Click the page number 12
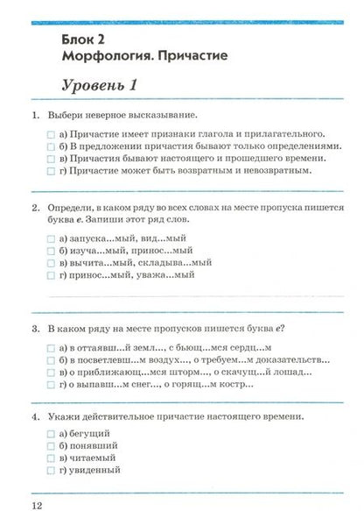click(36, 506)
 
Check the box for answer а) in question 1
click(52, 132)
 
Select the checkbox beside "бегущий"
click(52, 433)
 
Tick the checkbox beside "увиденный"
click(52, 470)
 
